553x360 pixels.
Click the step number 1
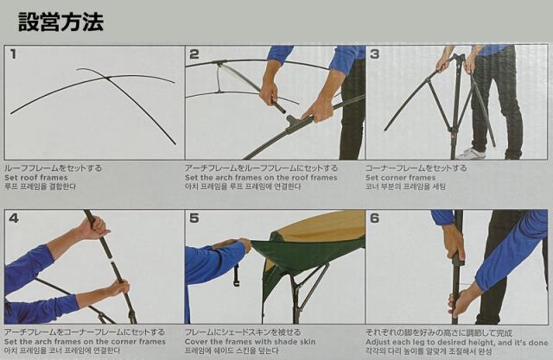tap(13, 54)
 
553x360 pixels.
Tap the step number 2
tap(194, 54)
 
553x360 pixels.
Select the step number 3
tap(375, 54)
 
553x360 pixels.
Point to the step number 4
tap(13, 218)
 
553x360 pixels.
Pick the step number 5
tap(194, 218)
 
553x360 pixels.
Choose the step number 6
tap(375, 218)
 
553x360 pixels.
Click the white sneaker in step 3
tap(473, 153)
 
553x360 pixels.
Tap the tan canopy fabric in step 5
tap(325, 225)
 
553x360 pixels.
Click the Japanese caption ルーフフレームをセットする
tap(53, 167)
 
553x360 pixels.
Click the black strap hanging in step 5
tap(235, 275)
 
